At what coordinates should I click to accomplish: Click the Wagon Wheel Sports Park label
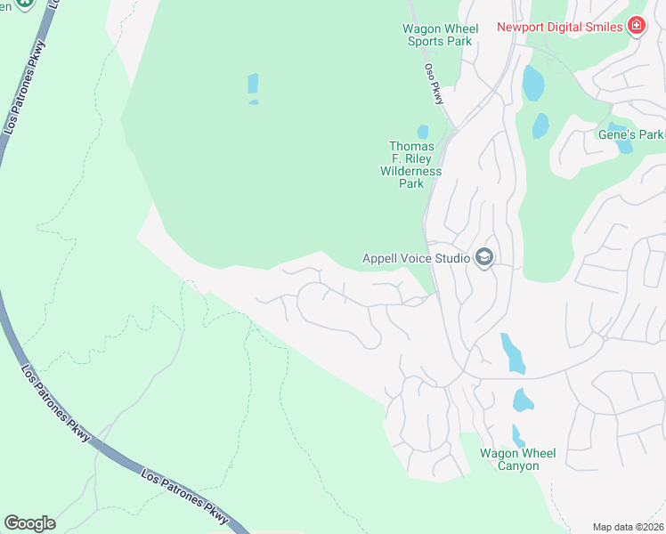pyautogui.click(x=441, y=35)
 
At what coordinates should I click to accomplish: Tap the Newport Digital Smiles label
pyautogui.click(x=560, y=27)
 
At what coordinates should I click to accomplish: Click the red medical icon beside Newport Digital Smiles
pyautogui.click(x=637, y=26)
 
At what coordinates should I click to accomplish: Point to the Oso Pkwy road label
pyautogui.click(x=434, y=84)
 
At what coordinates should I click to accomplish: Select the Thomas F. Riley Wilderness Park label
pyautogui.click(x=411, y=165)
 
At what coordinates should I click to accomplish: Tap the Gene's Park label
pyautogui.click(x=630, y=134)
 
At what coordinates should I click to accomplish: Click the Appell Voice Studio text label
pyautogui.click(x=416, y=259)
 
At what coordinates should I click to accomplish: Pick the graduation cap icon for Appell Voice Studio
pyautogui.click(x=484, y=258)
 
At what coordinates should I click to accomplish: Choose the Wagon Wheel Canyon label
pyautogui.click(x=518, y=459)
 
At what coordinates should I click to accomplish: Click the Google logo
pyautogui.click(x=30, y=523)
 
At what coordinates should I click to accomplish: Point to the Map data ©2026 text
pyautogui.click(x=628, y=527)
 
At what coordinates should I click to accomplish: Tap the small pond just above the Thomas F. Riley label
pyautogui.click(x=423, y=132)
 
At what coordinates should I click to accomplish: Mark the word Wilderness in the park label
pyautogui.click(x=411, y=171)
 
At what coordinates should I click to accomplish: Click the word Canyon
pyautogui.click(x=518, y=465)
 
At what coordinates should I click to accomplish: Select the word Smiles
pyautogui.click(x=601, y=27)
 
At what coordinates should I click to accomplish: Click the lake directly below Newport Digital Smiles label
pyautogui.click(x=532, y=84)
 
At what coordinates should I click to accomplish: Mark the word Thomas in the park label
pyautogui.click(x=411, y=147)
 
